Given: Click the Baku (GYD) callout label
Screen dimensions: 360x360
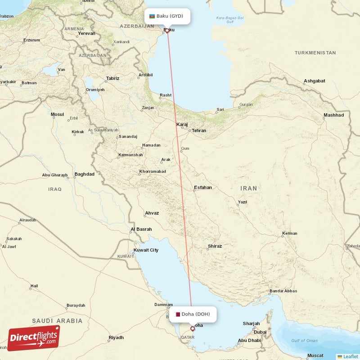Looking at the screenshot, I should point(167,16).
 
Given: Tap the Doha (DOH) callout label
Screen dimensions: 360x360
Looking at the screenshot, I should point(193,314).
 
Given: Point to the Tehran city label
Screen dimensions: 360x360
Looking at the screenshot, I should point(199,130).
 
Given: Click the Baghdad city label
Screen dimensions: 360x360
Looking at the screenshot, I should point(85,174).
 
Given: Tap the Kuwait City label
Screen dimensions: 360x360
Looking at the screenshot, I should point(146,250).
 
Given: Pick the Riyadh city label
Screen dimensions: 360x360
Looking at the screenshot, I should point(116,337).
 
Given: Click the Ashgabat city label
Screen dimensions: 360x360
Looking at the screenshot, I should point(314,81).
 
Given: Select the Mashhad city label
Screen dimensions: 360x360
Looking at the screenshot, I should point(333,115).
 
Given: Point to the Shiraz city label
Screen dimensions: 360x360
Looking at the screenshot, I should point(215,246).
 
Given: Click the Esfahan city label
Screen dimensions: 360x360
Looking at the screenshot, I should point(202,187).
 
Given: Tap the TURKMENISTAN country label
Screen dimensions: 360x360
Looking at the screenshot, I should point(315,53).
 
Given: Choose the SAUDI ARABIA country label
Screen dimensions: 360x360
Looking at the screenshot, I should point(57,321).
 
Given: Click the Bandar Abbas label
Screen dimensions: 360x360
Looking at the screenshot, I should point(283,291).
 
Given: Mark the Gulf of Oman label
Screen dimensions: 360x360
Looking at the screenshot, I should point(305,341).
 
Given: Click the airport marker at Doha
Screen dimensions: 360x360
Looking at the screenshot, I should point(193,328).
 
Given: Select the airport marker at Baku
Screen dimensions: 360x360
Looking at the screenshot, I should point(167,31).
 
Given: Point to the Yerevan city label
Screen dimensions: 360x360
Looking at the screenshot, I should point(86,33).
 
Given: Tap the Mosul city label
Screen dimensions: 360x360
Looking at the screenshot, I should point(57,114).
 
